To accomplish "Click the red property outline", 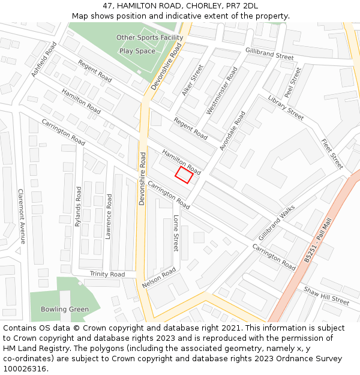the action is [x=184, y=175].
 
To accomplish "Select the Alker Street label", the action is [x=193, y=80].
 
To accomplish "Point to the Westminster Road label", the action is [x=221, y=91].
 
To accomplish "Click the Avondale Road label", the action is [x=232, y=131].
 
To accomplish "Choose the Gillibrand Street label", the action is [x=269, y=56].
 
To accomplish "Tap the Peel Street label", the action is [x=293, y=83].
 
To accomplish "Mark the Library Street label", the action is [x=286, y=107].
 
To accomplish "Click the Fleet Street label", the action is [x=332, y=154].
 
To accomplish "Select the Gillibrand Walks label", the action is [x=277, y=223].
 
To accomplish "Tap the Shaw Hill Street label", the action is [x=326, y=296].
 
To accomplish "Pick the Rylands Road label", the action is [x=78, y=206].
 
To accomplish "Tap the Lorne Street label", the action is [x=176, y=233].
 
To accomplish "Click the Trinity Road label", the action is [x=107, y=274].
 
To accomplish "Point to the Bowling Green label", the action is [x=65, y=310].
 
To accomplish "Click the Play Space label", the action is [x=137, y=51].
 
